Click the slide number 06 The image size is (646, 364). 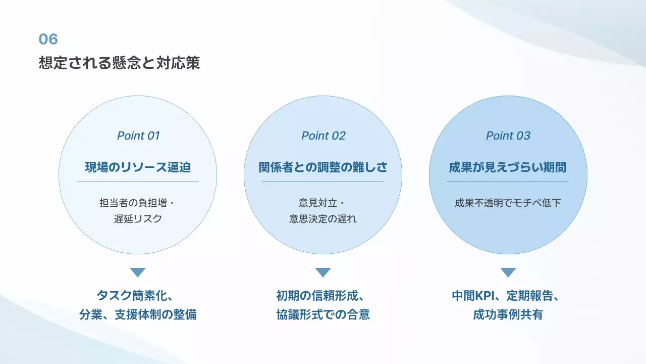click(48, 39)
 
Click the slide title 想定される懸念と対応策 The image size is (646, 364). click(119, 63)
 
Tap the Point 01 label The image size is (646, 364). click(138, 135)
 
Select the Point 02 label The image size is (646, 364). click(323, 135)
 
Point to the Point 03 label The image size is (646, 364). click(508, 135)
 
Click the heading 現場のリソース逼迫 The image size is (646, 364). click(138, 167)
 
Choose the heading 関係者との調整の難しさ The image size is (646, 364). click(323, 167)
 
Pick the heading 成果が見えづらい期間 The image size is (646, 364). click(508, 167)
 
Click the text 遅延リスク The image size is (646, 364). click(138, 219)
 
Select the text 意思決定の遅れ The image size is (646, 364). click(323, 219)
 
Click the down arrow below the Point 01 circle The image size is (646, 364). click(138, 272)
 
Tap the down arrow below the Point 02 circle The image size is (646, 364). click(323, 272)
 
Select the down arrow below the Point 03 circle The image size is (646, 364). click(508, 272)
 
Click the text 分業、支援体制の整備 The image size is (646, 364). click(138, 314)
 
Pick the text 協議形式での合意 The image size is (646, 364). click(323, 314)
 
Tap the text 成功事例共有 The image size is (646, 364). click(508, 314)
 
